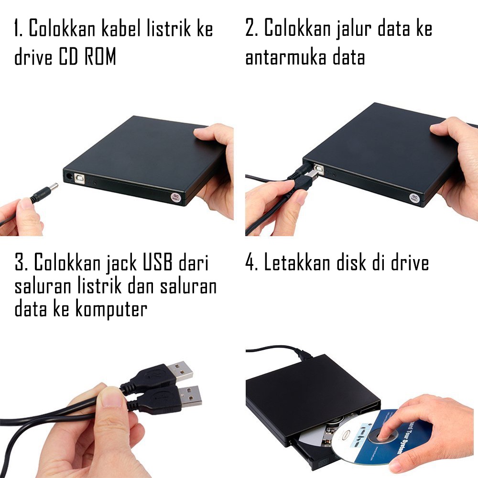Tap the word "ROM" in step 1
(x=100, y=57)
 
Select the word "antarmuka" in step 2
(x=286, y=58)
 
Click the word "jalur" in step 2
(x=353, y=29)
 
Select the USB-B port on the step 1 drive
(x=79, y=178)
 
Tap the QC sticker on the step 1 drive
(x=175, y=197)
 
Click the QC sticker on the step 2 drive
(x=414, y=197)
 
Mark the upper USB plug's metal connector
(x=180, y=371)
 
